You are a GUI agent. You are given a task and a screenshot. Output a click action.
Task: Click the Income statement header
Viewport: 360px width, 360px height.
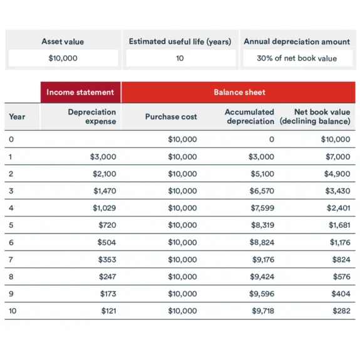pyautogui.click(x=80, y=92)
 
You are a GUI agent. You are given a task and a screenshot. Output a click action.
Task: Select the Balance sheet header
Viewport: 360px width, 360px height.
pyautogui.click(x=239, y=92)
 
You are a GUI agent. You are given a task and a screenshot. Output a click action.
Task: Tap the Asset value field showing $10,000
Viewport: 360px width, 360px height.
pyautogui.click(x=63, y=58)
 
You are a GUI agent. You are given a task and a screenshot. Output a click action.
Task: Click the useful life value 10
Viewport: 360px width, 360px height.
pyautogui.click(x=180, y=58)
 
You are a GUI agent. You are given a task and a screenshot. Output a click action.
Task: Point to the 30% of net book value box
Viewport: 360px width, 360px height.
pyautogui.click(x=296, y=58)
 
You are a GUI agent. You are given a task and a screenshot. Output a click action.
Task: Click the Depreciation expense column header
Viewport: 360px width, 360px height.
pyautogui.click(x=92, y=116)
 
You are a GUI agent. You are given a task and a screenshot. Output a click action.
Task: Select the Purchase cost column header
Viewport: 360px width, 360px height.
pyautogui.click(x=171, y=116)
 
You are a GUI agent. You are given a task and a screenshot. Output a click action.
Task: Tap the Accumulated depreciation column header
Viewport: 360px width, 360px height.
pyautogui.click(x=249, y=116)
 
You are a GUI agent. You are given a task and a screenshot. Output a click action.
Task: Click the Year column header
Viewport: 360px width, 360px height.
pyautogui.click(x=17, y=116)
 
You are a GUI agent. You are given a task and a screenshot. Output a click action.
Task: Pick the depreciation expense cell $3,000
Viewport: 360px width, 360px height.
pyautogui.click(x=103, y=157)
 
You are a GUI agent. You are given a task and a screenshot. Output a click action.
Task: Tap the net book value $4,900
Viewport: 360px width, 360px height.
pyautogui.click(x=337, y=173)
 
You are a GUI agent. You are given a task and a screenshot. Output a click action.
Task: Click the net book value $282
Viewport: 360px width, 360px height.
pyautogui.click(x=341, y=311)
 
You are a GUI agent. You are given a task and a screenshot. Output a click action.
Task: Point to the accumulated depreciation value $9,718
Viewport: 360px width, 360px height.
pyautogui.click(x=263, y=311)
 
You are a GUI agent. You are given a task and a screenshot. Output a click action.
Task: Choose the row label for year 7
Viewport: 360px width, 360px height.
pyautogui.click(x=11, y=259)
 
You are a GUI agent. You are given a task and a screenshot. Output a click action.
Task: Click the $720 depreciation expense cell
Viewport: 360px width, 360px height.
pyautogui.click(x=107, y=225)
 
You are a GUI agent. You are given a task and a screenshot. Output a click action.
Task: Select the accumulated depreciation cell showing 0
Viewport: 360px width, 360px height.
pyautogui.click(x=271, y=140)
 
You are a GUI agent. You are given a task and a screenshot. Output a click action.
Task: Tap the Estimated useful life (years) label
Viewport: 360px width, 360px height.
pyautogui.click(x=180, y=41)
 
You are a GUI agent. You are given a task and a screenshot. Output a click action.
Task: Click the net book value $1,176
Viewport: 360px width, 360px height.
pyautogui.click(x=339, y=242)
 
